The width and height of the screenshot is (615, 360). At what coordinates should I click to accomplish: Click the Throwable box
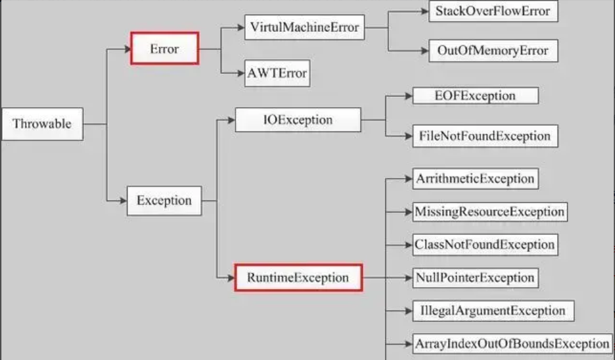[x=42, y=124]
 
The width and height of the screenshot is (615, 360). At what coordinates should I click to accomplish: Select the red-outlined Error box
[x=165, y=49]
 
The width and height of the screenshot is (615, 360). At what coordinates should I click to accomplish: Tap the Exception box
[x=164, y=200]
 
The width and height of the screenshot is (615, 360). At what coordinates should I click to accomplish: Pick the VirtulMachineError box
[x=305, y=28]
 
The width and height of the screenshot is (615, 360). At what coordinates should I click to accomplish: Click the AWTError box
[x=278, y=73]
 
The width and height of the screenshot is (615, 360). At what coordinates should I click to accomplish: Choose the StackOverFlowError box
[x=492, y=11]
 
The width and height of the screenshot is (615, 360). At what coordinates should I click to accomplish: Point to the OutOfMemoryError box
[x=493, y=51]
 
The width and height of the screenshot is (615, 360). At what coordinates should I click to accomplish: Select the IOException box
[x=297, y=119]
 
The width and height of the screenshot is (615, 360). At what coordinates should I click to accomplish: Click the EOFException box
[x=475, y=96]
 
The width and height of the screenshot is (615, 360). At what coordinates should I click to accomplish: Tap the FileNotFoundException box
[x=485, y=136]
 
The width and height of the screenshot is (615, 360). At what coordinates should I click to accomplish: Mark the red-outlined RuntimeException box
[x=298, y=278]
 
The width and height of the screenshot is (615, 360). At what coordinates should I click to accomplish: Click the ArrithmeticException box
[x=475, y=179]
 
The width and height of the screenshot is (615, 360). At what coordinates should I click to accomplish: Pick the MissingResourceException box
[x=489, y=211]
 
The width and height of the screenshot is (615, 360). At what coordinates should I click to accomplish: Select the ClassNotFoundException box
[x=484, y=244]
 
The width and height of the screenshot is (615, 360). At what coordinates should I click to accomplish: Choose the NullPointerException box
[x=475, y=278]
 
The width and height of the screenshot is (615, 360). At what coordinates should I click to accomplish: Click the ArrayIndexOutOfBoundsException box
[x=512, y=343]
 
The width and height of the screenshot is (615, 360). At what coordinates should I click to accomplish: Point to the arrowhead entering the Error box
[x=126, y=49]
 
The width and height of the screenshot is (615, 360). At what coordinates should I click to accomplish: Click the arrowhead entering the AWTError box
[x=241, y=73]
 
